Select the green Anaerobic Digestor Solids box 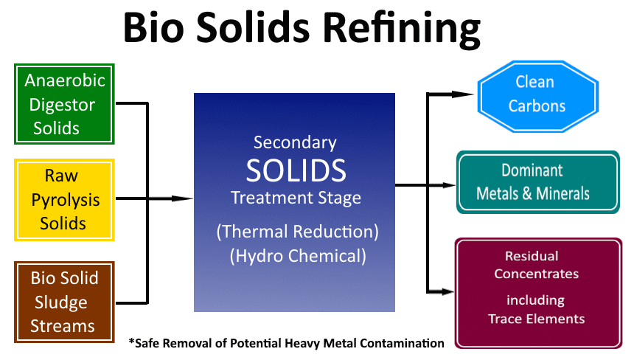click(x=64, y=104)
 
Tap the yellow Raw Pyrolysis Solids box click(x=64, y=199)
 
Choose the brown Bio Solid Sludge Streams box click(x=64, y=302)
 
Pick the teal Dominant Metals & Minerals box click(x=537, y=182)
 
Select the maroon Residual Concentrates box click(x=537, y=292)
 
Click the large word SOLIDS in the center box click(x=296, y=170)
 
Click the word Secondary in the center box click(x=295, y=142)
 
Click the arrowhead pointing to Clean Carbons click(x=464, y=94)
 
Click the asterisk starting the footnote click(x=132, y=342)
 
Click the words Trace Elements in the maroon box click(x=536, y=319)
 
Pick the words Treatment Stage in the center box click(x=296, y=198)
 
